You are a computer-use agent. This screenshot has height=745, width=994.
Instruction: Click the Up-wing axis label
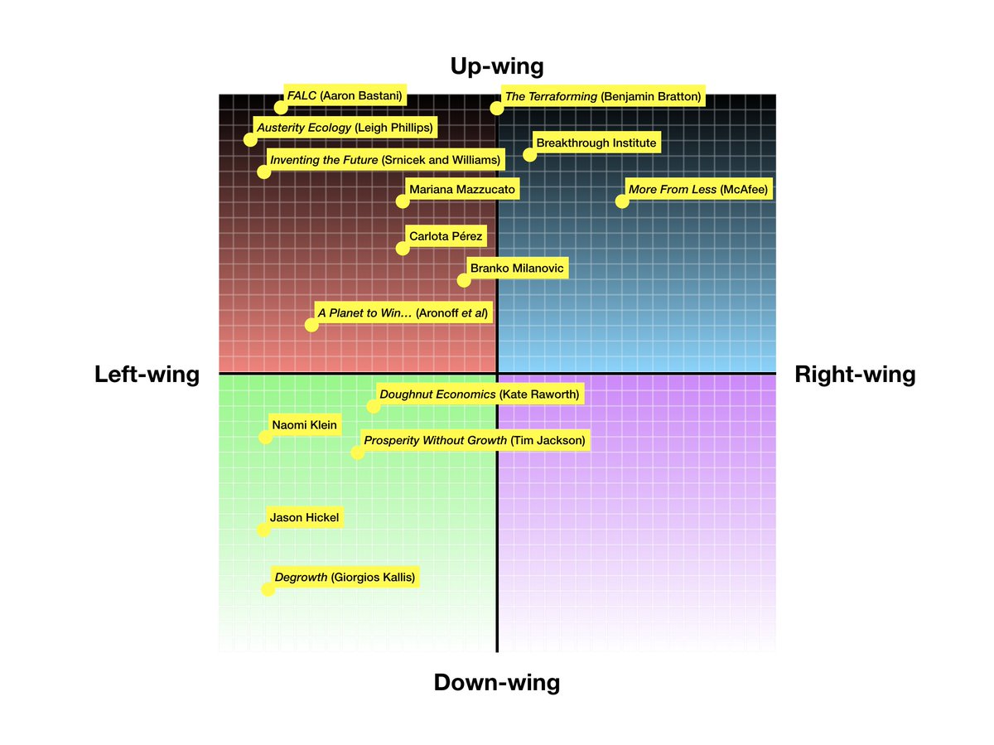[496, 66]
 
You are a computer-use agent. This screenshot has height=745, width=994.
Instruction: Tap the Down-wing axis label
[496, 683]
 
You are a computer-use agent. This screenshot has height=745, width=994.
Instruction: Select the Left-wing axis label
[147, 375]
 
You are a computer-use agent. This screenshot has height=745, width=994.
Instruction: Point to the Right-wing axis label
[855, 375]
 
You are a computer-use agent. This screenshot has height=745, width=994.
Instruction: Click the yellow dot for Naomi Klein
[265, 438]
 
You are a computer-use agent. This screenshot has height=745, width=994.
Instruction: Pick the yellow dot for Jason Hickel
[263, 530]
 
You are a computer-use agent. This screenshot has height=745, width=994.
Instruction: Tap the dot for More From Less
[621, 201]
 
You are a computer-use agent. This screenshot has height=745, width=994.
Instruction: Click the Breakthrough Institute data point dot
[529, 155]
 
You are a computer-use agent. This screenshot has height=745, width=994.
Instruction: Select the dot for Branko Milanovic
[464, 280]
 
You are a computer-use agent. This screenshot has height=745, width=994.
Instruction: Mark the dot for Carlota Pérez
[403, 248]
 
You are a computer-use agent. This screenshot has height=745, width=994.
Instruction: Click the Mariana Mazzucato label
[462, 190]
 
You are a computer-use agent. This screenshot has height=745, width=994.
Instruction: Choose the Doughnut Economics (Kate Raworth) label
[480, 394]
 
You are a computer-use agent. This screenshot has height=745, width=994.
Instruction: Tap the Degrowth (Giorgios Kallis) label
[344, 578]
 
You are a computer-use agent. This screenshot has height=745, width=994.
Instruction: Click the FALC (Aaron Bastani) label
[345, 96]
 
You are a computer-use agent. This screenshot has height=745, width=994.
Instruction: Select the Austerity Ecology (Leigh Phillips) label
[344, 128]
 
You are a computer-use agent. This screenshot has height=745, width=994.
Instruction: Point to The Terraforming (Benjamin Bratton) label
[603, 97]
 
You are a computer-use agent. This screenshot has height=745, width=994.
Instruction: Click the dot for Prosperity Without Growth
[357, 452]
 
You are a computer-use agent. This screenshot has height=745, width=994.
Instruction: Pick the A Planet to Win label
[403, 313]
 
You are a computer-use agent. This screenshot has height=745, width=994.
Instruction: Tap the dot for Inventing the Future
[263, 172]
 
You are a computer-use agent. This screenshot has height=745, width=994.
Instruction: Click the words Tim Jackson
[548, 440]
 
